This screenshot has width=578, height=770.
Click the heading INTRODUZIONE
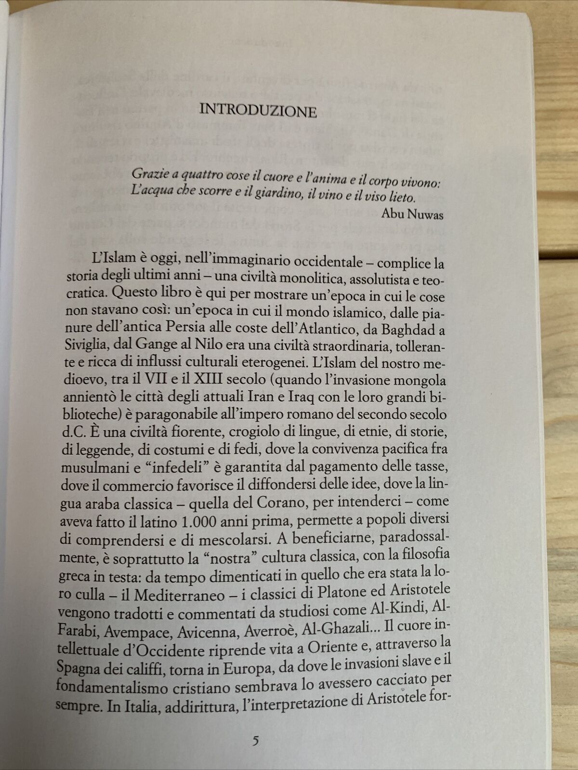point(258,110)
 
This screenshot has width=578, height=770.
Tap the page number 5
point(256,740)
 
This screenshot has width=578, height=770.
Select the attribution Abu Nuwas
point(412,214)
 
